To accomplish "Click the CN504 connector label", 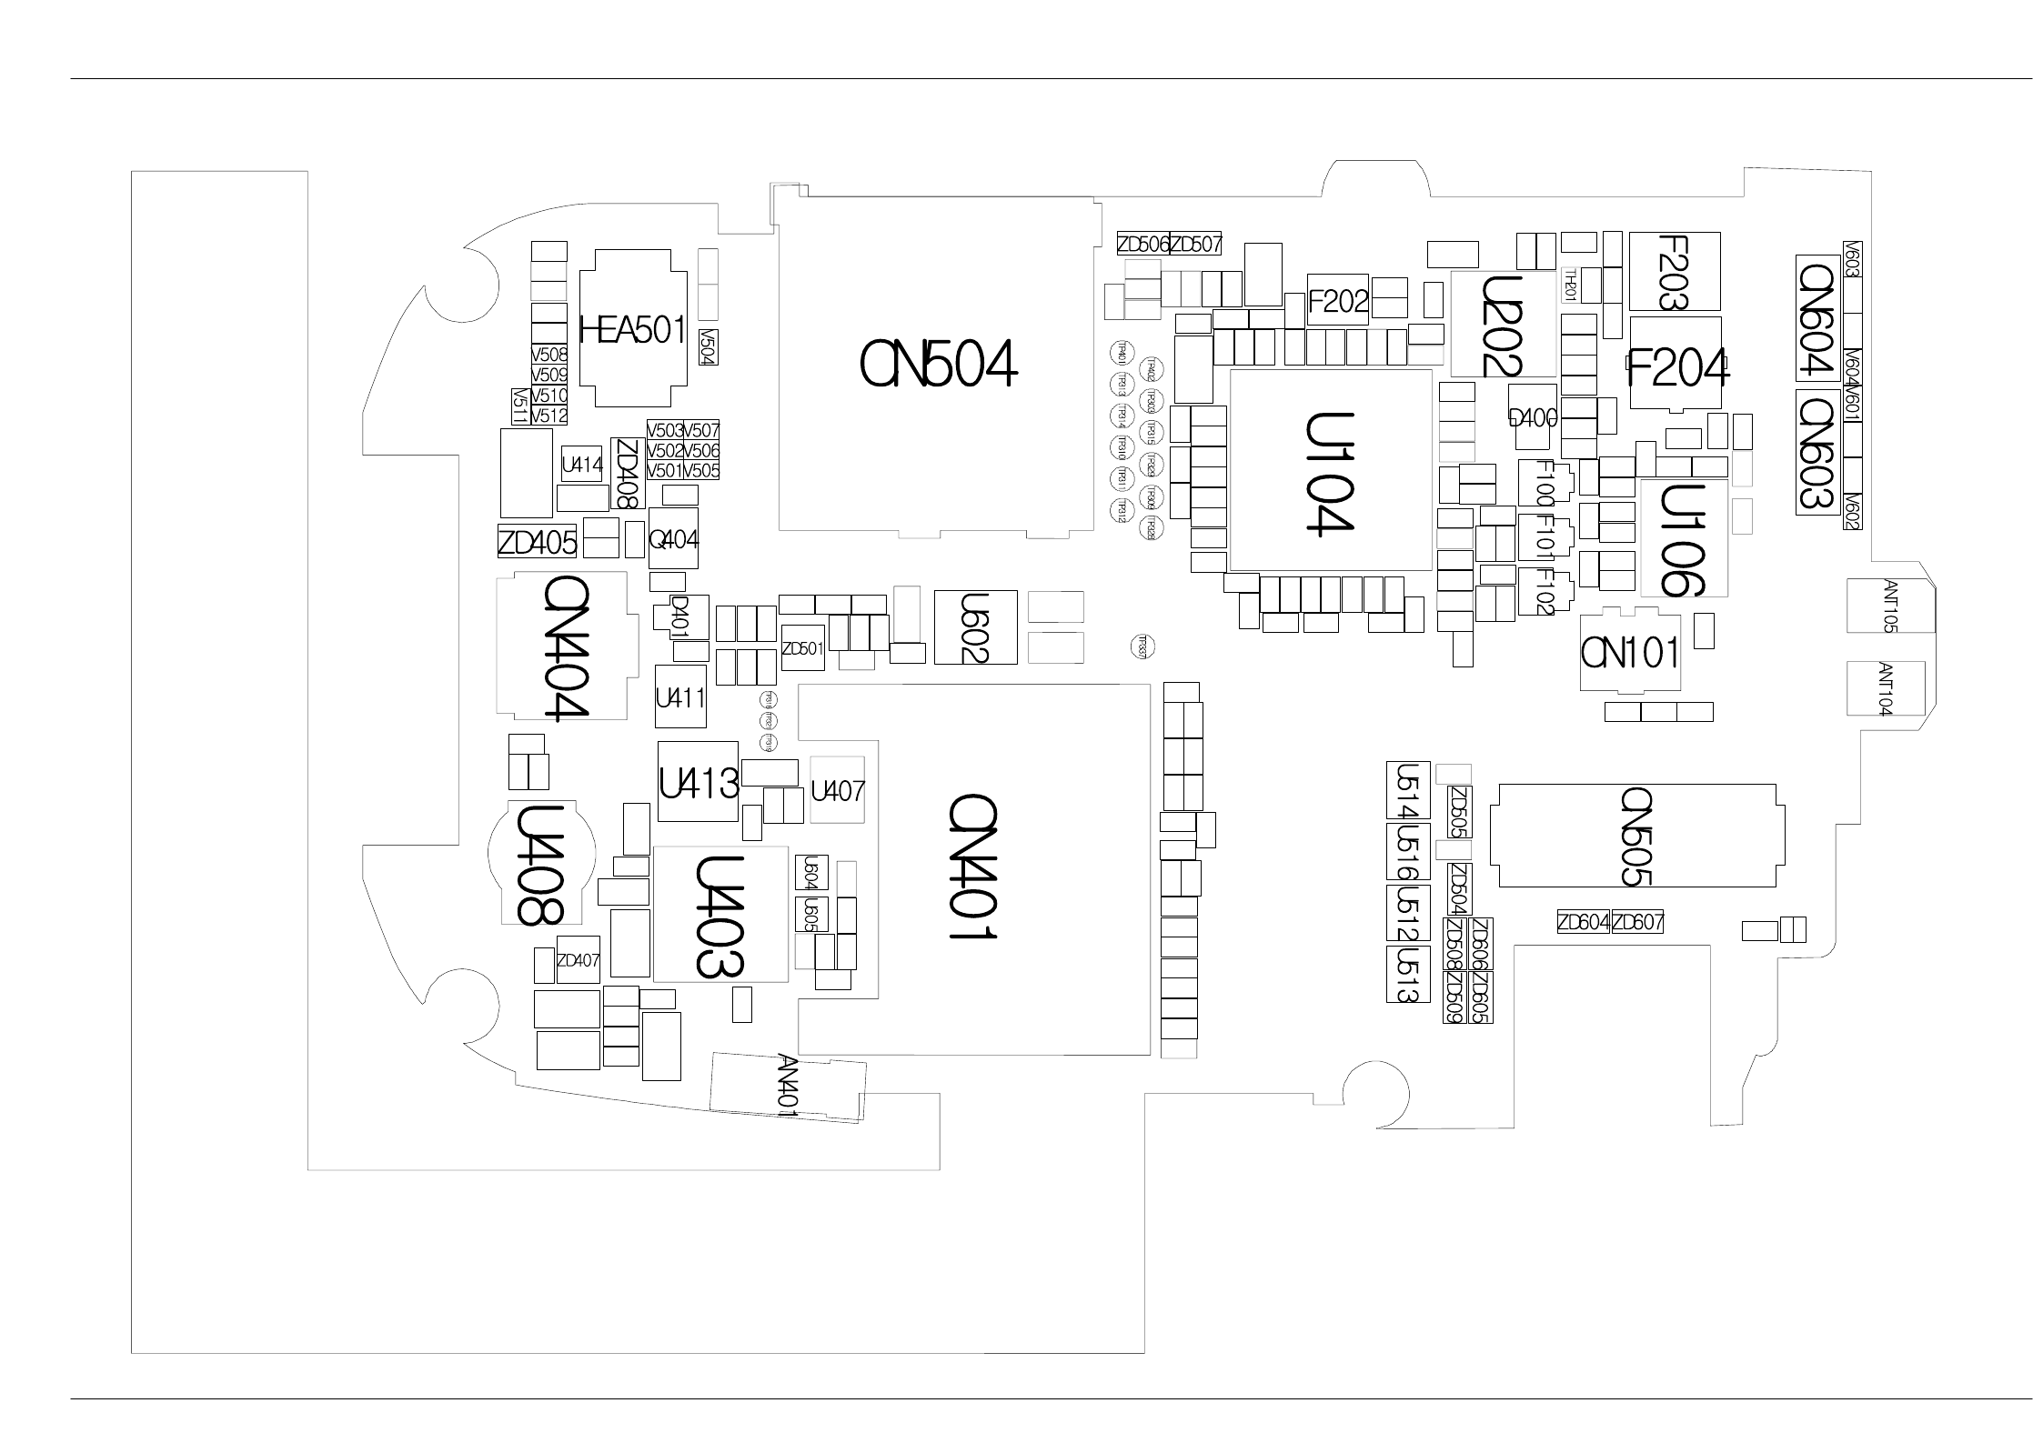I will [938, 366].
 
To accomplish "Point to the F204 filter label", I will [1676, 368].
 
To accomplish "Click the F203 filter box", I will [1674, 271].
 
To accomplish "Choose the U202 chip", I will [1502, 325].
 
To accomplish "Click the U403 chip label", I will [720, 916].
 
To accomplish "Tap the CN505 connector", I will [1636, 835].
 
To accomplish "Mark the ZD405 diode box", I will [537, 543].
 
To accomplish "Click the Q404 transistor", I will [673, 539].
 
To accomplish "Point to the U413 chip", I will [698, 782].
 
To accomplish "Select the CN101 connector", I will [1629, 652].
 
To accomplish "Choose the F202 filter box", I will [1338, 300].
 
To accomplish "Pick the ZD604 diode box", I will [1584, 922].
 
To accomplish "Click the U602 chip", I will [975, 626].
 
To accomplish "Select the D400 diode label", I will [1533, 418].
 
